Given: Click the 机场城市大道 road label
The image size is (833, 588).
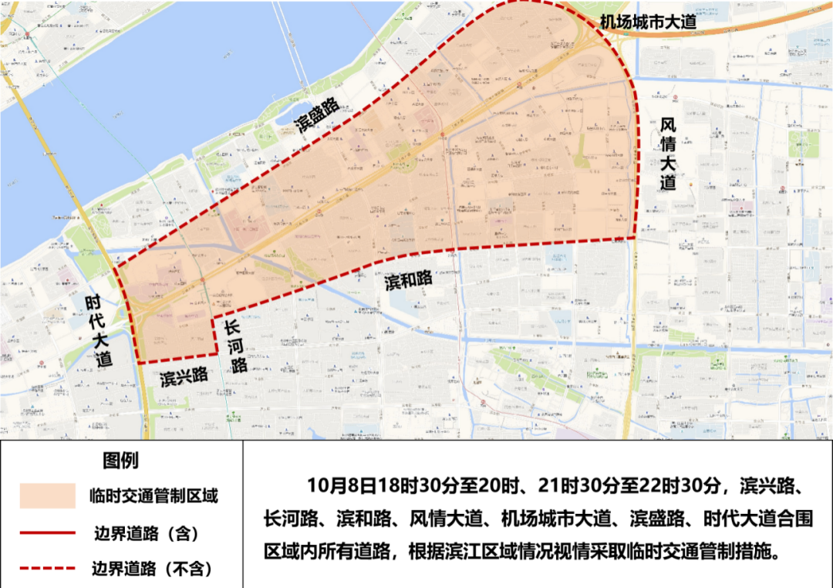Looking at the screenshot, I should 648,22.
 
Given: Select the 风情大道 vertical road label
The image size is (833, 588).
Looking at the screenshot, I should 668,154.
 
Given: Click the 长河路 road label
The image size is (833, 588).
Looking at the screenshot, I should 235,346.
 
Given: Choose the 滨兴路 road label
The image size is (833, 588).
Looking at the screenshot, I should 184,377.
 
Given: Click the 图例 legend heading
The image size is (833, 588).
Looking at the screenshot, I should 121,461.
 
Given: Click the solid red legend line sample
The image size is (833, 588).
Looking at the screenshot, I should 48,533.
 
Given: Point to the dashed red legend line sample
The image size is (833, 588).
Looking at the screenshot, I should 48,569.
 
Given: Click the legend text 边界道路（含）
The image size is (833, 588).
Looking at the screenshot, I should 146,533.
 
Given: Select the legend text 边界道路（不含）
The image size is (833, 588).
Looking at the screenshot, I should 153,569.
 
